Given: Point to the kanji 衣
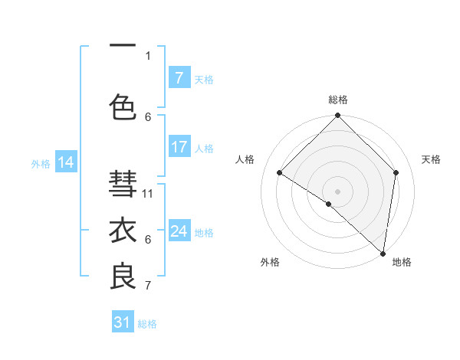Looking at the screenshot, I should pos(123,231).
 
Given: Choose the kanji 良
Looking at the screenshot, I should pos(123,277).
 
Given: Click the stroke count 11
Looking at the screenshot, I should pos(149,193).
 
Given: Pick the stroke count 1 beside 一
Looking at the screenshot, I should pos(148,55).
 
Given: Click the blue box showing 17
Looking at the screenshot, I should pos(179,147).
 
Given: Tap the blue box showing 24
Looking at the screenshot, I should pos(179,231).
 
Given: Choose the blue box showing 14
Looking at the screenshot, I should pos(66,162).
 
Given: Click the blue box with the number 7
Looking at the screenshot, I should pos(179,78).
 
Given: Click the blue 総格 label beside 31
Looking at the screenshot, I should pos(147,324).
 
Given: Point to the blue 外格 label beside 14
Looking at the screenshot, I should pos(41,163).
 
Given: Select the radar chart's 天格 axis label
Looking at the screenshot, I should pos(432,159).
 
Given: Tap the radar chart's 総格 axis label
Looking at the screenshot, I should pos(337,100).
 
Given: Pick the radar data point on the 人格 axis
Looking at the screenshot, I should pos(280,173).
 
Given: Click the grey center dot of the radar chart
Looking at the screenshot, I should pos(337,191).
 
